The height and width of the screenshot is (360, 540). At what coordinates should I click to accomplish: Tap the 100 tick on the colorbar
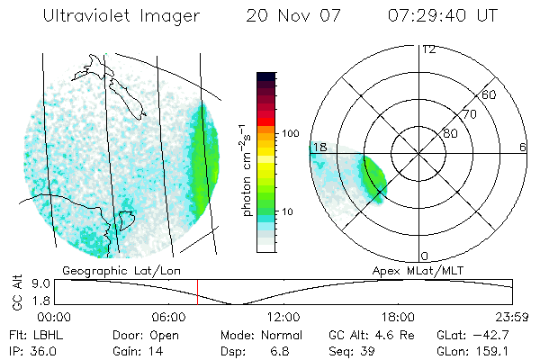[289, 133]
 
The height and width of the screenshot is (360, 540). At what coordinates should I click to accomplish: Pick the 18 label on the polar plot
[319, 147]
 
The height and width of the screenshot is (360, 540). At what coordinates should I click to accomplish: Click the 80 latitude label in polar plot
[450, 133]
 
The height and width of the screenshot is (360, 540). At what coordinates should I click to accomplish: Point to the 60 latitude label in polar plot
[490, 94]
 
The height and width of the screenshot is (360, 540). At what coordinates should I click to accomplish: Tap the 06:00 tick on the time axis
[168, 317]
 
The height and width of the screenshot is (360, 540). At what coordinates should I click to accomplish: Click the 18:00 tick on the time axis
[398, 317]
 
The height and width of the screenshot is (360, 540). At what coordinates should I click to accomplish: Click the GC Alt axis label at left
[16, 292]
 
